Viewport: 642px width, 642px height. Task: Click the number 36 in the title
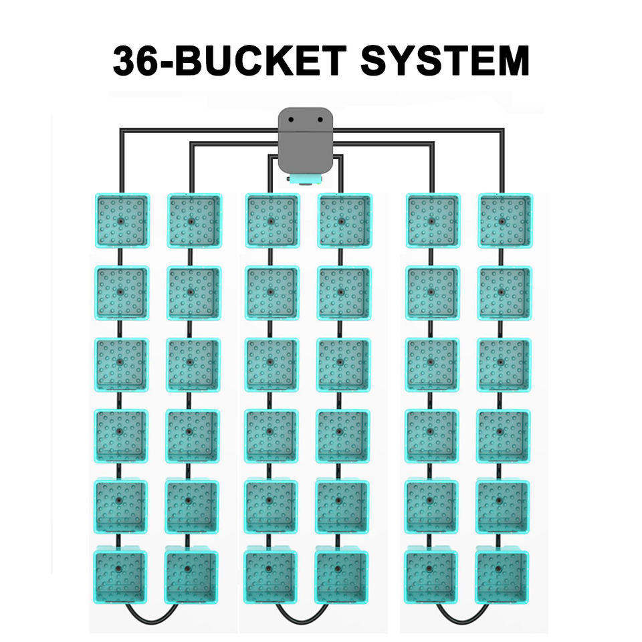(x=134, y=62)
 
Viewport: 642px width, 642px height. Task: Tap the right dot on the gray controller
(x=320, y=120)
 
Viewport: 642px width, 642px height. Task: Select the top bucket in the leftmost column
(x=121, y=221)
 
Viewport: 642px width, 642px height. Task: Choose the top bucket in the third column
(x=271, y=221)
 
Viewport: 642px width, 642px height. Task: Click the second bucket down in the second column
(x=193, y=293)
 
